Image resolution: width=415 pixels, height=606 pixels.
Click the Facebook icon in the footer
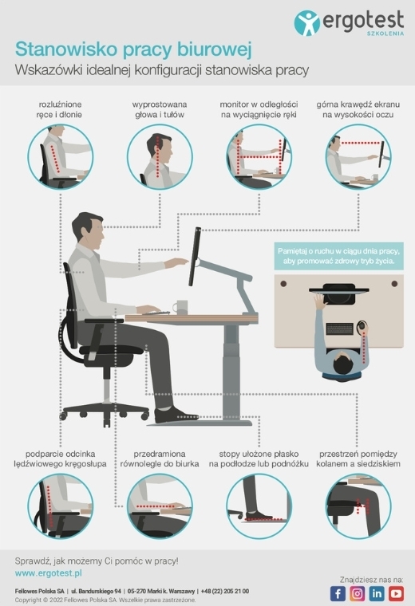[338, 593]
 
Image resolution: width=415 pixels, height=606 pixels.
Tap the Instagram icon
[357, 593]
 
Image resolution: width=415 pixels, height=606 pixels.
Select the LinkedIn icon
[377, 593]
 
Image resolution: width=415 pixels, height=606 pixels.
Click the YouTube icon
[396, 593]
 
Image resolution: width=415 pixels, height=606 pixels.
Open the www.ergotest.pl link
[49, 573]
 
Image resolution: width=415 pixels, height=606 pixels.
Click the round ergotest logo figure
[307, 23]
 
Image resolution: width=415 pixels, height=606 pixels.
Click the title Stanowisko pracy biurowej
[133, 50]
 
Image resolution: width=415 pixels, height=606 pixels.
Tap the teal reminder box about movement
[339, 256]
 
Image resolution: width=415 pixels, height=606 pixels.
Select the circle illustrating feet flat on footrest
[259, 506]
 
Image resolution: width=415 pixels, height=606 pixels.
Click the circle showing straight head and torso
[160, 157]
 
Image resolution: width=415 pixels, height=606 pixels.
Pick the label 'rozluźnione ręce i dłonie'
[60, 109]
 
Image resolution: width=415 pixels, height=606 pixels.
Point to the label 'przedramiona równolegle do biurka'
[160, 458]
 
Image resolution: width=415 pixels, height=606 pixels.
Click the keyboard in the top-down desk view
[340, 329]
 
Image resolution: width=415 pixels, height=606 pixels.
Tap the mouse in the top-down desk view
[362, 325]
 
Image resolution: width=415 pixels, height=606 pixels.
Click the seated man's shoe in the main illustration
[176, 415]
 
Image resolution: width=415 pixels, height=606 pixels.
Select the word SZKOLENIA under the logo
[385, 33]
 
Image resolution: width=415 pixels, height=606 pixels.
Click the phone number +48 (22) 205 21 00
[225, 591]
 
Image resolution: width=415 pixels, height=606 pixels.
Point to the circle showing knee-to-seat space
[358, 506]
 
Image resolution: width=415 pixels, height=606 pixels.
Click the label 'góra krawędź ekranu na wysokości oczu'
[358, 109]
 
